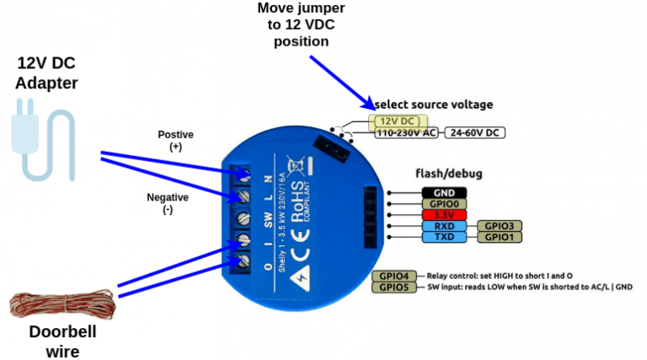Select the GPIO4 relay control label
coord(393,276)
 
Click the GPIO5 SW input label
coord(393,287)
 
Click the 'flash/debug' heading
coord(448,174)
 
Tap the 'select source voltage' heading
coord(434,104)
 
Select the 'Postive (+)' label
coord(175,140)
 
